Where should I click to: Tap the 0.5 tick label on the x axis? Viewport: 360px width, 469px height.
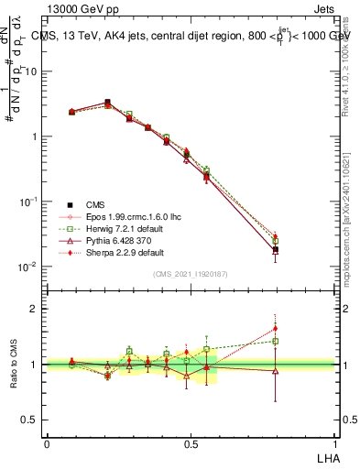(191, 442)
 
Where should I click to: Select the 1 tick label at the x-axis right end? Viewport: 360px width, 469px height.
(334, 442)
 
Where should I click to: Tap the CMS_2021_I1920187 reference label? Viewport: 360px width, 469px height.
(191, 274)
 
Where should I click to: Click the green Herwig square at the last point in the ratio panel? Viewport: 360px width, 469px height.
(276, 341)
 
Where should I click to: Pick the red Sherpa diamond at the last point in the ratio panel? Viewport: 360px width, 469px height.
(276, 328)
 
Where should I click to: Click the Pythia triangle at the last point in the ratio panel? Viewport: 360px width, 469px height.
(276, 371)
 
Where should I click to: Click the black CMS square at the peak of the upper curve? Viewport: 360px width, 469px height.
(107, 103)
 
